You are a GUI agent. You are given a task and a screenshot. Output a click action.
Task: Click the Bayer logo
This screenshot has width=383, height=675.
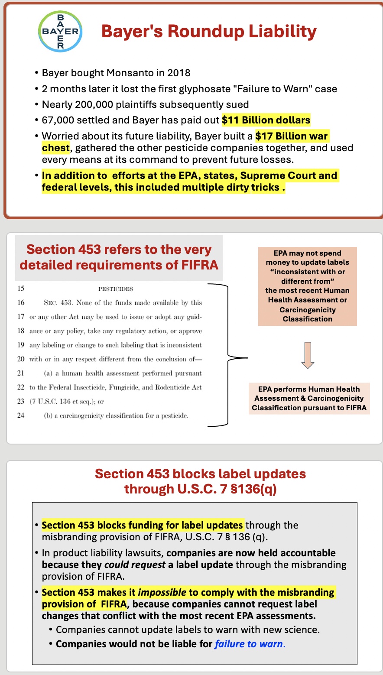pos(60,32)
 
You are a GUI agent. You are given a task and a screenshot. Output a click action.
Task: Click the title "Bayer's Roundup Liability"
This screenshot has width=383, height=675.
pos(209,32)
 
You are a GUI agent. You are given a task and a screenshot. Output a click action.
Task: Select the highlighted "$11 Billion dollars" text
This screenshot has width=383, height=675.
pos(266,120)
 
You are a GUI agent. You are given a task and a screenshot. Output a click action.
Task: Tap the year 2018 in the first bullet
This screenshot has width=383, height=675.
pos(179,73)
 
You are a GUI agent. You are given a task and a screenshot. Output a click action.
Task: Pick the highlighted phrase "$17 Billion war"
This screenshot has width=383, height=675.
pos(292,136)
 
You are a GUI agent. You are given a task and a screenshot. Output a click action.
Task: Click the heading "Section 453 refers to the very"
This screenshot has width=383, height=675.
pos(119,249)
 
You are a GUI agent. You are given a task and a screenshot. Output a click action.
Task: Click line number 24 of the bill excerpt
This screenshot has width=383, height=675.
pos(21,415)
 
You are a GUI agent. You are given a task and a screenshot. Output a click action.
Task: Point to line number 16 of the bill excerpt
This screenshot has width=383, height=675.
pos(21,302)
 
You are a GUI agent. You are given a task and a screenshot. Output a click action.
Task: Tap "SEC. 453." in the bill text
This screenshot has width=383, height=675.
pos(58,302)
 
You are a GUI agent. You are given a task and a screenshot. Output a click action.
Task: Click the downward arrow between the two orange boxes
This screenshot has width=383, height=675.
pos(308,355)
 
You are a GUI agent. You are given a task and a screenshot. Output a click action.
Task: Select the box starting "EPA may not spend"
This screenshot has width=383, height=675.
pos(307,286)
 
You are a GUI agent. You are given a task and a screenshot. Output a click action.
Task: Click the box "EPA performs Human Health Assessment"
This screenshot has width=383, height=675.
pos(309,398)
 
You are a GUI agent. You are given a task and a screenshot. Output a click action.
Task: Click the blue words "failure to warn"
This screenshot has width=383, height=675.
pos(249,644)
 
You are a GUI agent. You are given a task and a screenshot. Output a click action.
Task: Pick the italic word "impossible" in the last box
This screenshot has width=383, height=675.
pos(162,592)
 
